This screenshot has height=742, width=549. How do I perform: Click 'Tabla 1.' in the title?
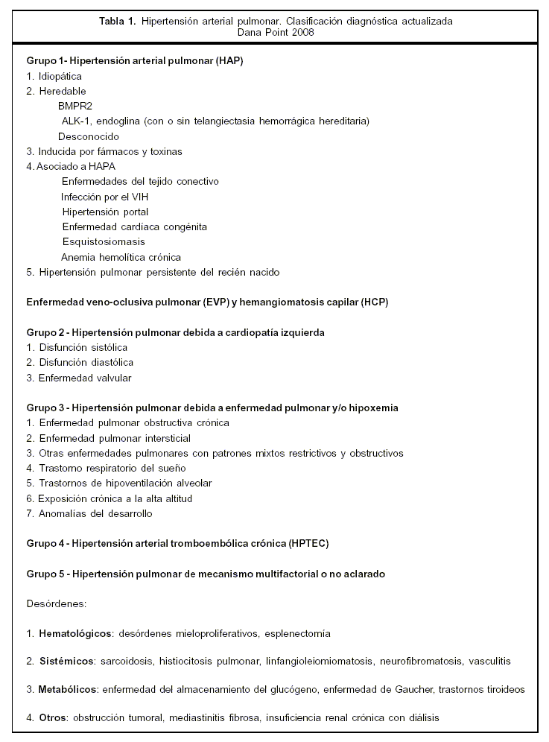(115, 21)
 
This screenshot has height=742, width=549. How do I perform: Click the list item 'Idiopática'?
(60, 76)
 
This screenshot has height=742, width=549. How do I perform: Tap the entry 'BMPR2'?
(75, 106)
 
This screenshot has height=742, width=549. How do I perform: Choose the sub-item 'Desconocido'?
(89, 136)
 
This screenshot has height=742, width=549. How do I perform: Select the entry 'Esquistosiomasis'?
(104, 241)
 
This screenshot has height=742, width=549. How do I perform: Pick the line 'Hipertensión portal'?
(106, 212)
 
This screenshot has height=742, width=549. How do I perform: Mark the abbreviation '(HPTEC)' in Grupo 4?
(307, 543)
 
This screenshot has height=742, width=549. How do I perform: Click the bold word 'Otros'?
(52, 717)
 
